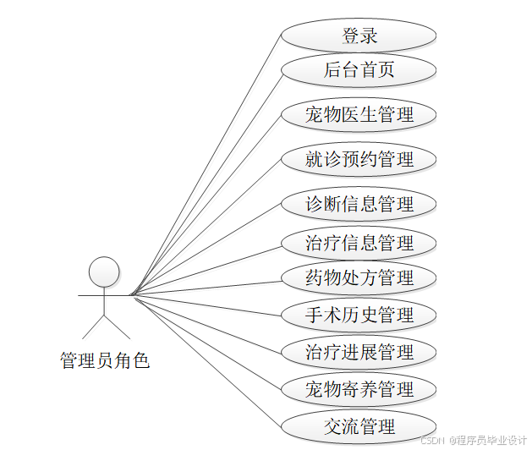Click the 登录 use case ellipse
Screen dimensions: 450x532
(x=359, y=36)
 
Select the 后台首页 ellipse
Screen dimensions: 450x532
(x=359, y=70)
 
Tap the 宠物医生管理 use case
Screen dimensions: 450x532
(x=359, y=114)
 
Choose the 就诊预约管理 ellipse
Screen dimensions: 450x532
(x=359, y=159)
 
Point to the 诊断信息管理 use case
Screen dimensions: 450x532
(x=359, y=204)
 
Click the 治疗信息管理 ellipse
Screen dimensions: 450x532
(x=359, y=244)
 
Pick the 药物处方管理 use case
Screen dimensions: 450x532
(x=359, y=277)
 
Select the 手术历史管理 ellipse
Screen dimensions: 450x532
(x=359, y=316)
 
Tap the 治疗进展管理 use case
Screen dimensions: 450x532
(x=359, y=352)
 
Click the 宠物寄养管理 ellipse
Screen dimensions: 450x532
(x=359, y=389)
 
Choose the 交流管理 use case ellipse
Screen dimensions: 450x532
(x=359, y=426)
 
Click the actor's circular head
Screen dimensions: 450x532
(x=104, y=271)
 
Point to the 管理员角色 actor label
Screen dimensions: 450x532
(x=104, y=360)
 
